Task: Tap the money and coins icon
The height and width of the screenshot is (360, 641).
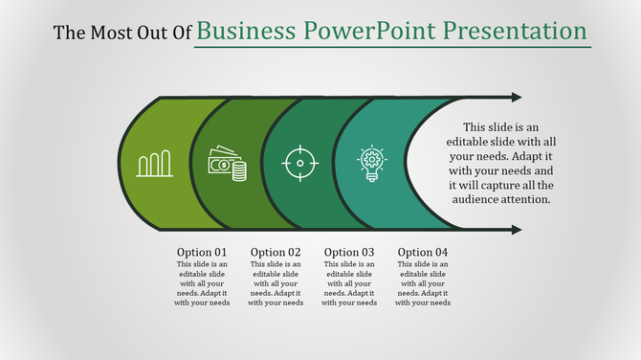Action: click(228, 164)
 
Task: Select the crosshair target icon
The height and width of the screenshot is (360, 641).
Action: click(299, 164)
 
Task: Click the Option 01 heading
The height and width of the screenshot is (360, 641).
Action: click(202, 253)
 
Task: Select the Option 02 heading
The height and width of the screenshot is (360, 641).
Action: click(276, 253)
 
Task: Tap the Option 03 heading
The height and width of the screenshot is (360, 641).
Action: click(349, 253)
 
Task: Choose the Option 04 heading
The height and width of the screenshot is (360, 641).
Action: click(423, 253)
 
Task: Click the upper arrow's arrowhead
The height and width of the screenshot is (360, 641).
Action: click(517, 97)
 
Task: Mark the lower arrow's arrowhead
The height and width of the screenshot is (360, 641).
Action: click(517, 230)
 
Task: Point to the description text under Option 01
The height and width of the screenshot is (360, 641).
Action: click(202, 283)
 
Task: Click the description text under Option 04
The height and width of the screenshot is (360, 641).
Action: click(423, 283)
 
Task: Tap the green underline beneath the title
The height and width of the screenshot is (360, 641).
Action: click(392, 47)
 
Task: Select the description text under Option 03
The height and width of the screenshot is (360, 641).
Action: click(349, 283)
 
